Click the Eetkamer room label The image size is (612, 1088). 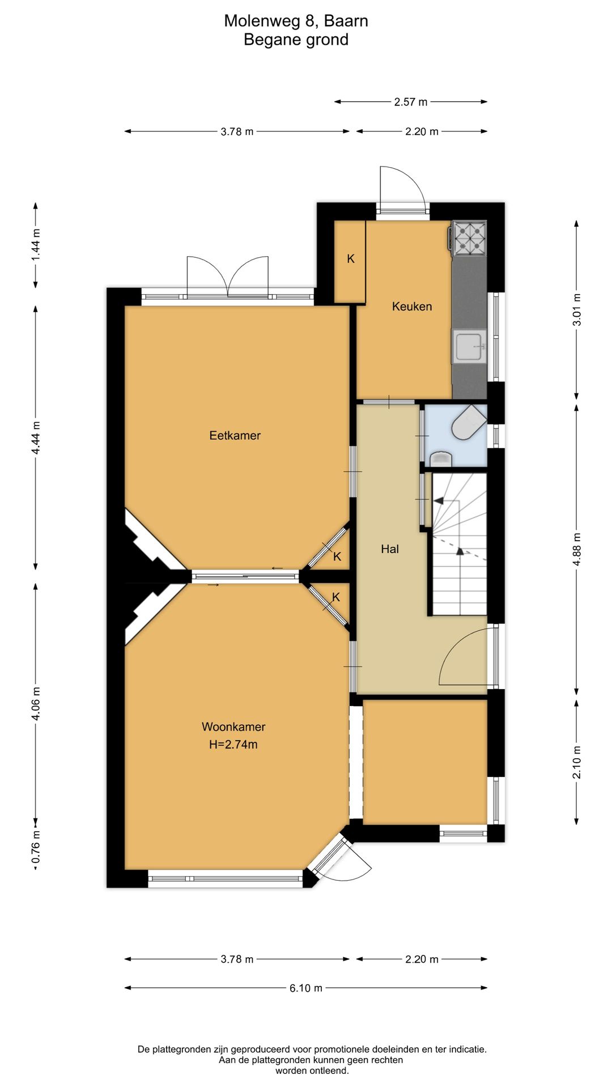(235, 435)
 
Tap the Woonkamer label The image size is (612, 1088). (233, 726)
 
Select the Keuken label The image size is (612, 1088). (412, 307)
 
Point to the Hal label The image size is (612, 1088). (390, 549)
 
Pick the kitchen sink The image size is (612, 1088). (469, 346)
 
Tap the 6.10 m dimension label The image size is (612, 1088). (306, 988)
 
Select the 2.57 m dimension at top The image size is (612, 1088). (411, 102)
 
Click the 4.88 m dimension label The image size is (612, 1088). (577, 549)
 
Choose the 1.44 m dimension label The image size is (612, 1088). (36, 244)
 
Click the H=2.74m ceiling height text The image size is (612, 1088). (233, 745)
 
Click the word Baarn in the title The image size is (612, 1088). (346, 21)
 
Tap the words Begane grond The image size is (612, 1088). (296, 40)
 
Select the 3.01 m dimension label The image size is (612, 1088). (577, 310)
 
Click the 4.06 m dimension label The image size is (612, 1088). (36, 703)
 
